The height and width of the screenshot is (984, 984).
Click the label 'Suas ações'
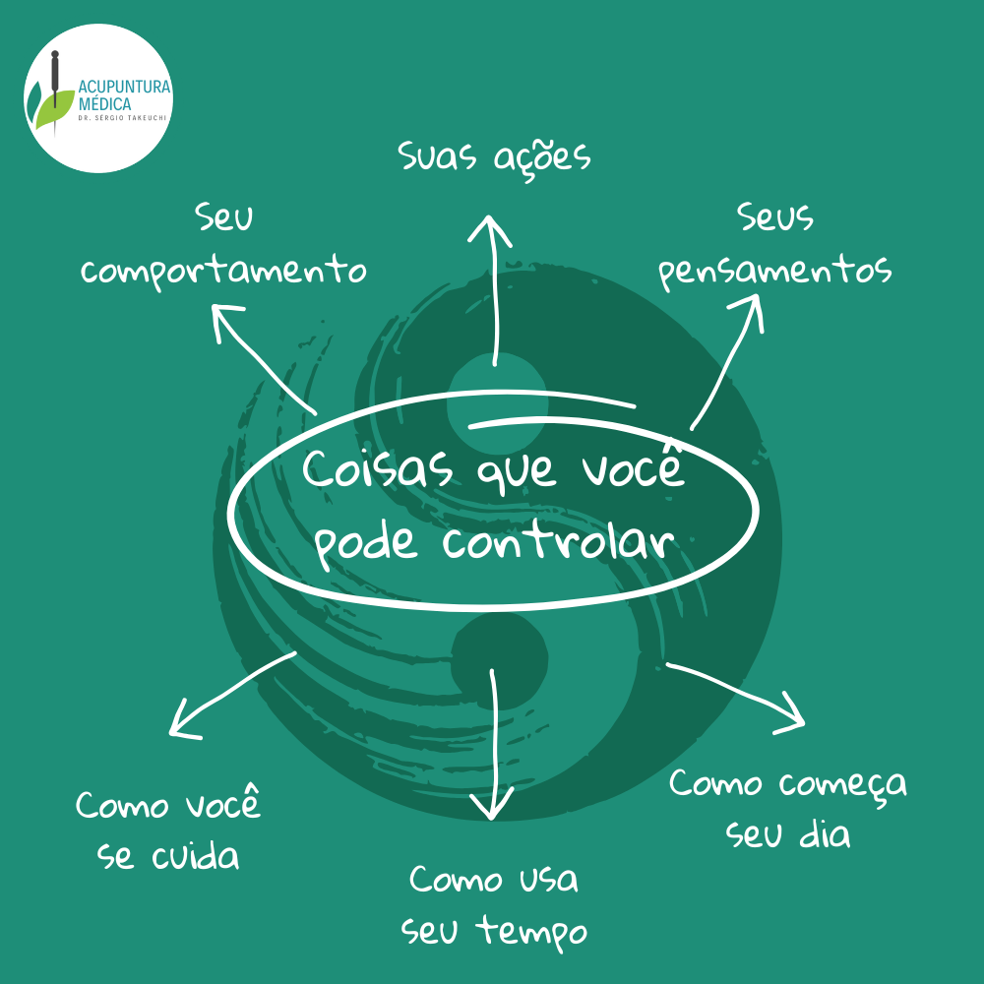pos(494,157)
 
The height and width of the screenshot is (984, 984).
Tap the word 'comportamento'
pos(223,271)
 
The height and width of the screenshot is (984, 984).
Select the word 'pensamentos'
pos(775,272)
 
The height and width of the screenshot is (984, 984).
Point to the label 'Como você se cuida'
pos(169,830)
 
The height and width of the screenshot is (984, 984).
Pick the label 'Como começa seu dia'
pos(788,809)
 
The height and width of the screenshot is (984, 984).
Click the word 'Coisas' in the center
pos(378,470)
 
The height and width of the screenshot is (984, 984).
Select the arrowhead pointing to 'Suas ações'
pos(489,229)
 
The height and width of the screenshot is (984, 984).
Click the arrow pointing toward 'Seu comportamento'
pos(264,359)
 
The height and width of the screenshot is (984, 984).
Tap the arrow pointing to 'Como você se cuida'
pos(231,694)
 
